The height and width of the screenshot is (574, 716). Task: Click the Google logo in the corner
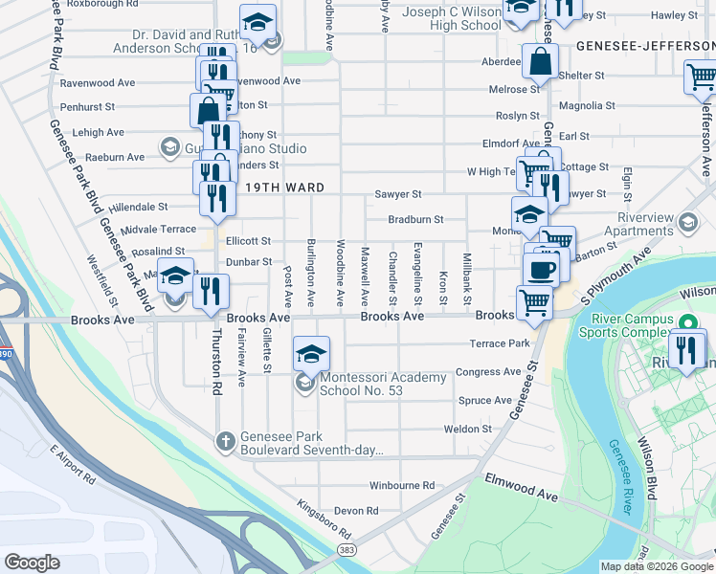click(33, 562)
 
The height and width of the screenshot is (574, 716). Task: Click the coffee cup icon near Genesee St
click(543, 270)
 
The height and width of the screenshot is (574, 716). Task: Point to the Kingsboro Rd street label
click(324, 519)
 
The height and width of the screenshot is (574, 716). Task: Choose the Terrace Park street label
click(499, 343)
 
